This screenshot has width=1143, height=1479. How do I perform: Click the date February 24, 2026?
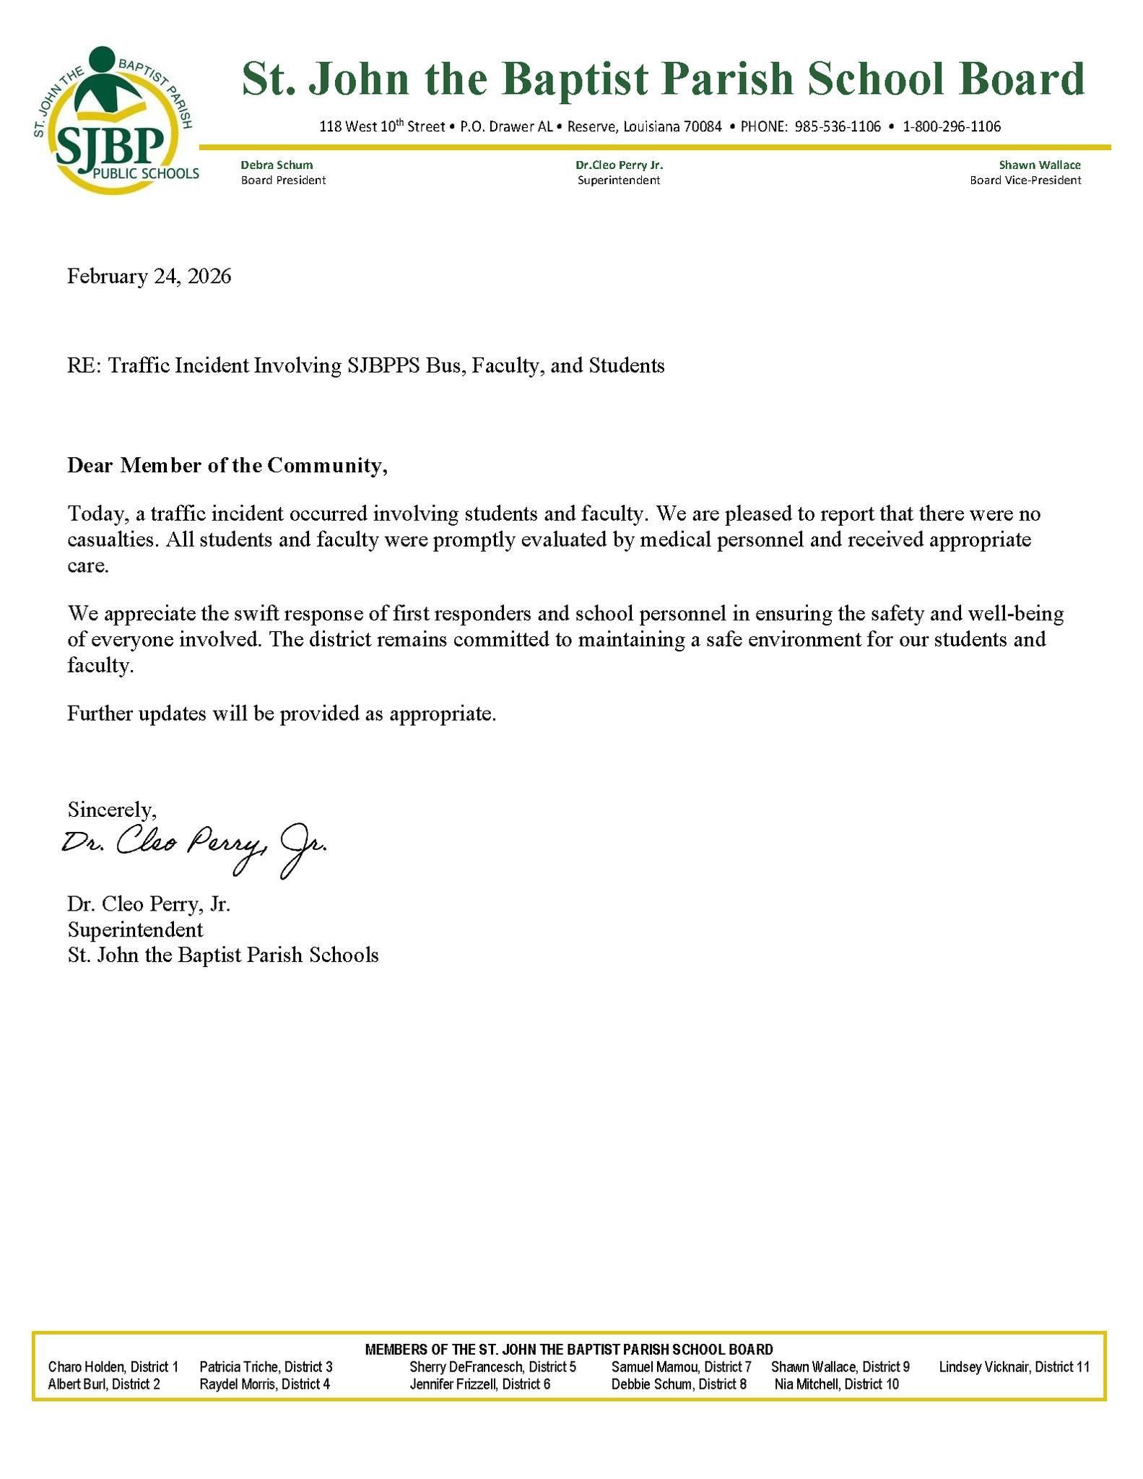tap(149, 277)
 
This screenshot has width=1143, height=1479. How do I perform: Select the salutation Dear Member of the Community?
tap(227, 465)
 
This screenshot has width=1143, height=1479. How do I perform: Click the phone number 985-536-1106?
tap(838, 127)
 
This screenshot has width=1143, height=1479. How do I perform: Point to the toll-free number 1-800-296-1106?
tap(952, 127)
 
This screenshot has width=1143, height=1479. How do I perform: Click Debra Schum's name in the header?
tap(277, 165)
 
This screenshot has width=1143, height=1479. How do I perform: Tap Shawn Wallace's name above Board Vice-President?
tap(1040, 165)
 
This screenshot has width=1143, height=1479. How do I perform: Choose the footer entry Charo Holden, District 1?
tap(113, 1366)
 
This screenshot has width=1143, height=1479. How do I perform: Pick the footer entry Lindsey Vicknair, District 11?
tap(1014, 1366)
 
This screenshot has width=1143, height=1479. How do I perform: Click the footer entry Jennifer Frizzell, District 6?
tap(480, 1384)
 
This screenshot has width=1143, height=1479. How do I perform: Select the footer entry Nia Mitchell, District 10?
tap(837, 1384)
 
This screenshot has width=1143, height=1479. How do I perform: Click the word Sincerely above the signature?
tap(112, 809)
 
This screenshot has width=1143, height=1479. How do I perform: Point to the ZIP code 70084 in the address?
tap(703, 127)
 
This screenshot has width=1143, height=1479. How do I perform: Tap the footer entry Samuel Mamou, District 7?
tap(682, 1366)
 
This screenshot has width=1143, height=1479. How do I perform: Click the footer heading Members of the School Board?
tap(569, 1349)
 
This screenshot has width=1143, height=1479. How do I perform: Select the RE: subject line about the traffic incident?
tap(366, 365)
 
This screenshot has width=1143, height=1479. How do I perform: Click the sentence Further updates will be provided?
tap(282, 714)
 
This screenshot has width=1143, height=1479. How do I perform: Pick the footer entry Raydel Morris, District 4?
tap(265, 1384)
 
